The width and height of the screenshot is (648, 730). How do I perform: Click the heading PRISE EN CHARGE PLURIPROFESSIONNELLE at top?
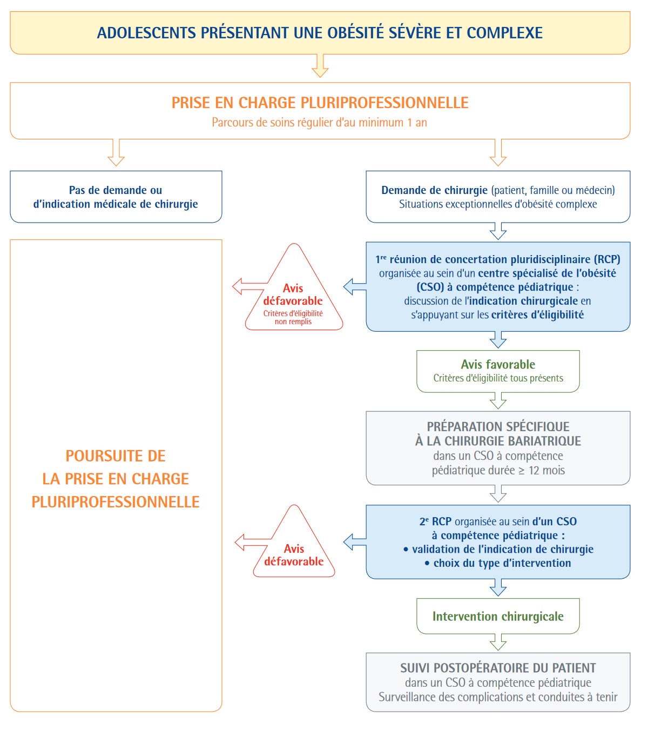tap(320, 103)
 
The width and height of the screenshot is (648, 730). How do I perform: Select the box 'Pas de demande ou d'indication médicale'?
tap(116, 197)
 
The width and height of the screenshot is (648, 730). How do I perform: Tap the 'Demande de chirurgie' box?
tap(498, 197)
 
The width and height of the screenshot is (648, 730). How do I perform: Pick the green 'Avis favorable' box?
tap(498, 371)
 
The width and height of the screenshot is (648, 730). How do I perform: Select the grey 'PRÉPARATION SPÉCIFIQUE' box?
tap(498, 448)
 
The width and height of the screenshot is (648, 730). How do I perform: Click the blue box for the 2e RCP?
tap(498, 541)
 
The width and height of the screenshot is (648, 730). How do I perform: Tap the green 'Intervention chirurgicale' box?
tap(498, 616)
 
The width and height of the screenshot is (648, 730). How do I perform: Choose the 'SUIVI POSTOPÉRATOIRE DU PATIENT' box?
tap(498, 682)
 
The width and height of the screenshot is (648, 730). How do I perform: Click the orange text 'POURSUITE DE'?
tap(116, 456)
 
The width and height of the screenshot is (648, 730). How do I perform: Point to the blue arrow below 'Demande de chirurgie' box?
tap(498, 231)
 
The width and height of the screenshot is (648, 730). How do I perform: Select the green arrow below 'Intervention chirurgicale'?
tap(498, 642)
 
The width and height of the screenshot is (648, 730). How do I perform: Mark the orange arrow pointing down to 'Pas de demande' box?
tap(116, 153)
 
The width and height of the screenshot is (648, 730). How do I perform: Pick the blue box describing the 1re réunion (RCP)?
tap(498, 286)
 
